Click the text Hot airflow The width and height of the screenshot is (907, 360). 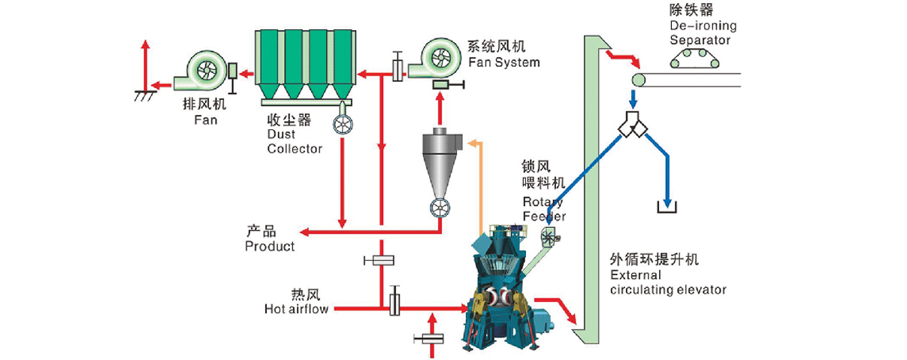pyautogui.click(x=296, y=308)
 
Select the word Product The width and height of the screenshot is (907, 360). pyautogui.click(x=270, y=246)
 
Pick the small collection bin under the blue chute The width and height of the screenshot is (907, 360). pyautogui.click(x=667, y=206)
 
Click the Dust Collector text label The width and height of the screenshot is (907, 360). pyautogui.click(x=294, y=141)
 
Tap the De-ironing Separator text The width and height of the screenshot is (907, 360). pyautogui.click(x=703, y=32)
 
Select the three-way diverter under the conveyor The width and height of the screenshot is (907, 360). pyautogui.click(x=633, y=126)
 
